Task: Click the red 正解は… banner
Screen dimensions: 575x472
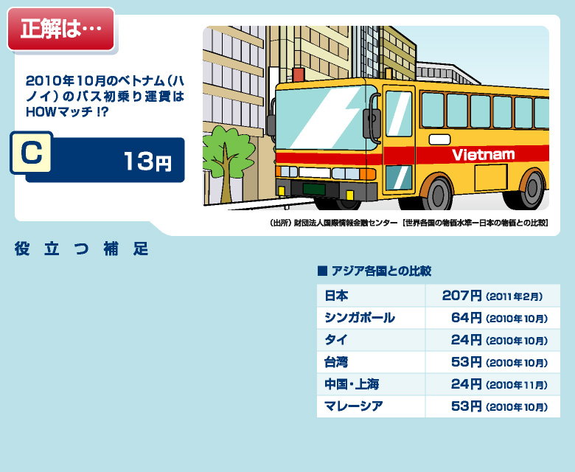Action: (x=61, y=29)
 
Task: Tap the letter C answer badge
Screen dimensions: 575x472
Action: (x=32, y=152)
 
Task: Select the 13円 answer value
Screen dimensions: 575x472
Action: (x=147, y=162)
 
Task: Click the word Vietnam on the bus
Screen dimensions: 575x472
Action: (x=484, y=155)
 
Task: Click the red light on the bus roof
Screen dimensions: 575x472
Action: (x=298, y=74)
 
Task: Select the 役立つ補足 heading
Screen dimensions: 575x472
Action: (x=81, y=249)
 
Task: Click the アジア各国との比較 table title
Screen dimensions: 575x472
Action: (x=374, y=271)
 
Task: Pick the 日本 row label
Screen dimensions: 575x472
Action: (x=336, y=296)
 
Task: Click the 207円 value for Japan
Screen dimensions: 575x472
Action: (x=461, y=295)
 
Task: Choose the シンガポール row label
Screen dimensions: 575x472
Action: (x=360, y=318)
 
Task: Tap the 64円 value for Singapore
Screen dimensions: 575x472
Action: (x=466, y=318)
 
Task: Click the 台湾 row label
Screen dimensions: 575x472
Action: (x=336, y=362)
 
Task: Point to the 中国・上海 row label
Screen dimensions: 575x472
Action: (x=352, y=384)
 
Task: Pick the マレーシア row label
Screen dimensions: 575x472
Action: (x=354, y=406)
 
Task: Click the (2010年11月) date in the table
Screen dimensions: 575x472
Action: (x=517, y=385)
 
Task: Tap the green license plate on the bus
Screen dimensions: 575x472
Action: (x=313, y=190)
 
